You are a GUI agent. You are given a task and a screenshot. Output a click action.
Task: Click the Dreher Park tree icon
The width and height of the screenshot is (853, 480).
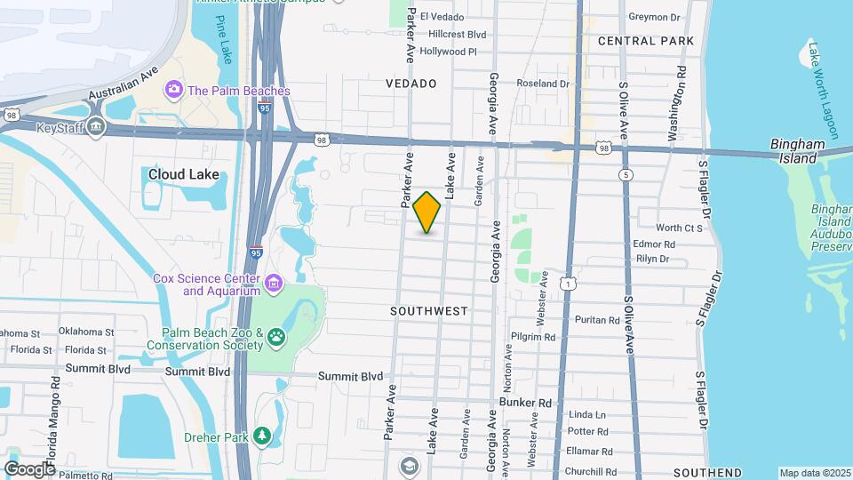click(261, 435)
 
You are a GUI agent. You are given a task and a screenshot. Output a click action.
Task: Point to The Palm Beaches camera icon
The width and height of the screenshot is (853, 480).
click(174, 90)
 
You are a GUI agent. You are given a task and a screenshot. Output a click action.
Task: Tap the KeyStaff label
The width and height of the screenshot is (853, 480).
click(61, 128)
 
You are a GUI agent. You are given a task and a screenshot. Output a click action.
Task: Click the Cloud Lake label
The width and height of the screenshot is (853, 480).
click(183, 175)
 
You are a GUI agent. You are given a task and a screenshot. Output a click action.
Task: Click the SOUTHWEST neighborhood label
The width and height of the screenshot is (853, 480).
click(428, 311)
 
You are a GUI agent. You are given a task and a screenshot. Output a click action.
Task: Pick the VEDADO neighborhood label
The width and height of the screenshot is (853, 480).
click(411, 83)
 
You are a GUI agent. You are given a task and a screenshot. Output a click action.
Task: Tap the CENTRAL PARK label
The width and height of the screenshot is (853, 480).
click(646, 41)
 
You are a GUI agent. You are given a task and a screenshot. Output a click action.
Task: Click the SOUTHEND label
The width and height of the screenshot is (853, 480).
click(707, 472)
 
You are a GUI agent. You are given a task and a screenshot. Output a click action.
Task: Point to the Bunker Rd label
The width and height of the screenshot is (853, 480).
click(525, 403)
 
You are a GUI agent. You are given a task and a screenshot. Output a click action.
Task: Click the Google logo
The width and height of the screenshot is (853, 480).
click(29, 468)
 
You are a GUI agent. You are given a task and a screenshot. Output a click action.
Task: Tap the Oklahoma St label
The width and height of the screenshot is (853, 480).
click(87, 332)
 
